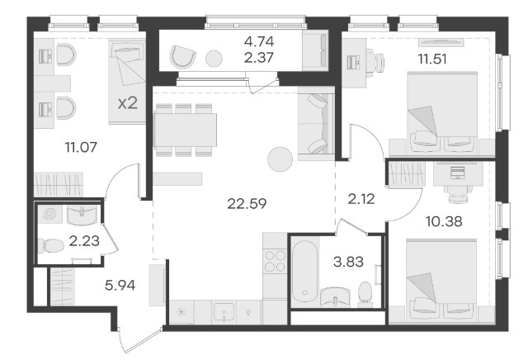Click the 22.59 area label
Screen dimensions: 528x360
pos(247,203)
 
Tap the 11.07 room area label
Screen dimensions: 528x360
pos(81,147)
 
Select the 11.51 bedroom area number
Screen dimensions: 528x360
pos(432,59)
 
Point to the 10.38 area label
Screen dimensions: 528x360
pos(444,221)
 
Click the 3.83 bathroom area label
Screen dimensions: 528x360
pos(348,262)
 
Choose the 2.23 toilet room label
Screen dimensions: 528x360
pos(84,240)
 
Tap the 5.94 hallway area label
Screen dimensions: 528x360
pos(120,285)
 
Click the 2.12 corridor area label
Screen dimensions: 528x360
pos(361,199)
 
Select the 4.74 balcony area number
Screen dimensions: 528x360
pos(259,41)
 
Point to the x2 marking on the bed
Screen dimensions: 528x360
pos(128,103)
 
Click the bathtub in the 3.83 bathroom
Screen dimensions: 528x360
pos(304,271)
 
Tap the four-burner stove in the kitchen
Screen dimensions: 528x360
pos(275,261)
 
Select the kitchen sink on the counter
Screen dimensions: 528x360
pos(224,312)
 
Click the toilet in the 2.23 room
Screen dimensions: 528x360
pos(51,246)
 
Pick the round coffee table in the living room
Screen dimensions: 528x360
pos(280,159)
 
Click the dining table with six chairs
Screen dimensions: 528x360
pos(185,130)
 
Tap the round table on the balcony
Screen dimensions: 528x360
pos(214,59)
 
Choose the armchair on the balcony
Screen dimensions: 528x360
pos(182,56)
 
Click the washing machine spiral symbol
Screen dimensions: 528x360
pos(49,214)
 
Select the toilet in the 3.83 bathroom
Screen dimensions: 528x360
pos(365,293)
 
